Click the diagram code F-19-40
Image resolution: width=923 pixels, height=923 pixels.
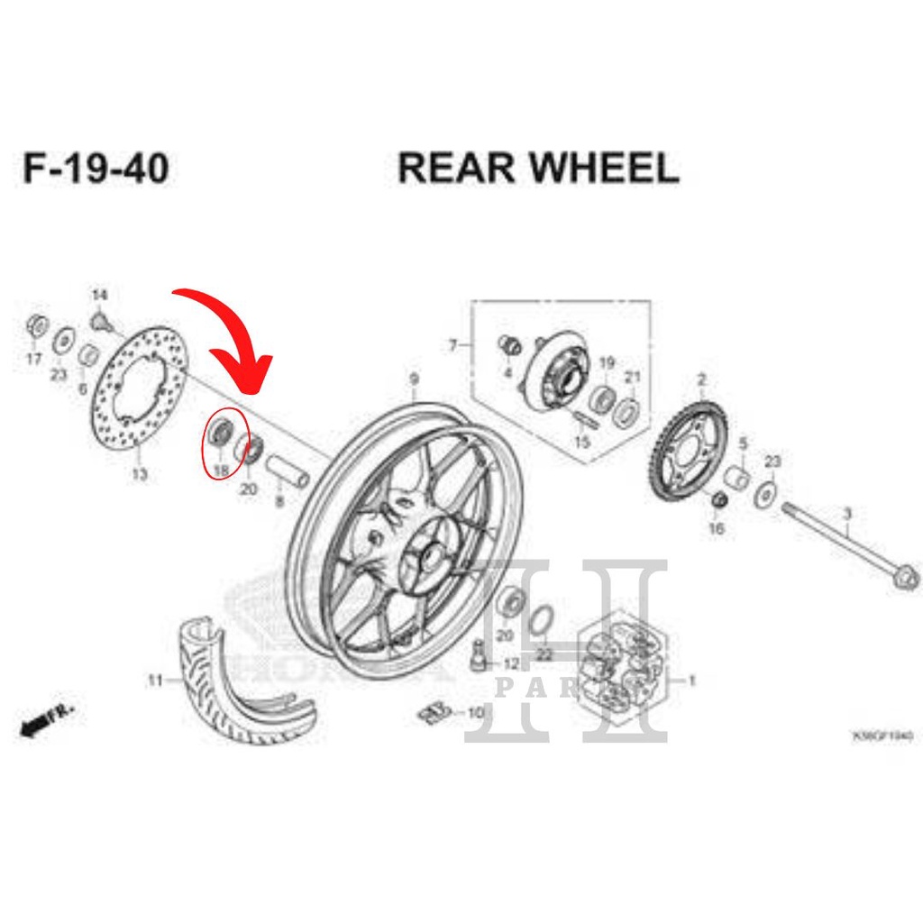click(96, 169)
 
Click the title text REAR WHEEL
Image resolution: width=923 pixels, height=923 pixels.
click(538, 169)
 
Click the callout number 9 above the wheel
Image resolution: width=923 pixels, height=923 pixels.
click(414, 379)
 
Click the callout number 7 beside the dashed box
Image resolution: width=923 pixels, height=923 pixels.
click(453, 345)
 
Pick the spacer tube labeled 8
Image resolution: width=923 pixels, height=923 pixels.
click(287, 470)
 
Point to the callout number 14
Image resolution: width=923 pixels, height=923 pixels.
click(99, 296)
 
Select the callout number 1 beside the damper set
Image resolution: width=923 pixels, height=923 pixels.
click(692, 681)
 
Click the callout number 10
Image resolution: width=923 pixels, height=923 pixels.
click(476, 712)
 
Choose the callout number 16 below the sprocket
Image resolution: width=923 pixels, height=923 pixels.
click(717, 529)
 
